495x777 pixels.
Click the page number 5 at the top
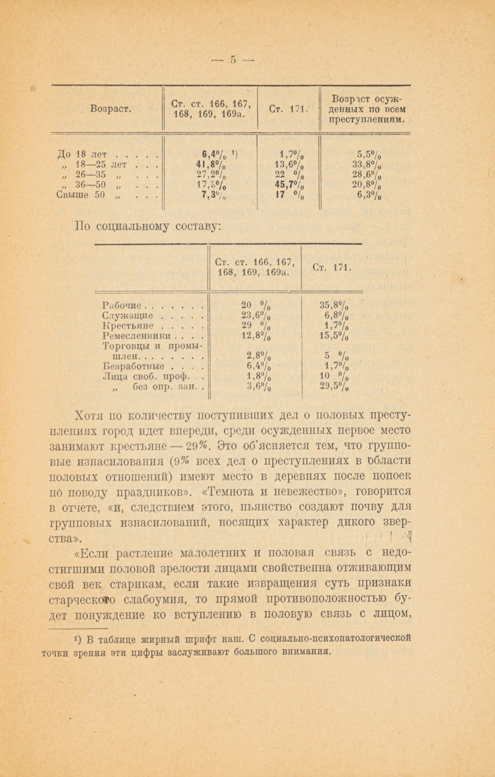point(233,60)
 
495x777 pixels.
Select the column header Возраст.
point(110,109)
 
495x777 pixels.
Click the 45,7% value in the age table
point(289,185)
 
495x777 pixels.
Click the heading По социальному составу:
point(148,226)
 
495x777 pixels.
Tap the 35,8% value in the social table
point(333,306)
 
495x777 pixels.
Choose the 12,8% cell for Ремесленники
point(256,336)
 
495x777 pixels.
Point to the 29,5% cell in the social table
point(333,386)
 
